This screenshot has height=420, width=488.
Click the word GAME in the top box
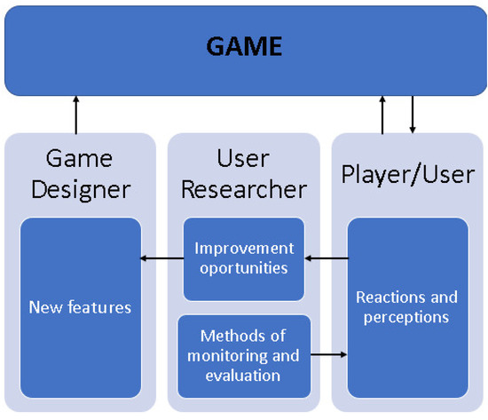click(243, 46)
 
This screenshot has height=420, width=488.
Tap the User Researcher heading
click(243, 174)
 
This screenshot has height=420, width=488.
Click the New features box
click(81, 307)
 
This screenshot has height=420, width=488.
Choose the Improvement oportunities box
click(243, 258)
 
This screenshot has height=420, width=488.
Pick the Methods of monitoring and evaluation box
click(243, 356)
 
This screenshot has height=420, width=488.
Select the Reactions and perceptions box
click(406, 307)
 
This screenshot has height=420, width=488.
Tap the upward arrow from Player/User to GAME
click(382, 114)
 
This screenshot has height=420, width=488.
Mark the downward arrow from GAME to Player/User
click(412, 114)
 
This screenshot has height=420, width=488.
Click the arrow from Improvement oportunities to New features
click(161, 259)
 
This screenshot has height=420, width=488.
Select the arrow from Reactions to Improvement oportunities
click(326, 259)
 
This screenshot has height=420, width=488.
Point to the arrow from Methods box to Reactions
click(327, 356)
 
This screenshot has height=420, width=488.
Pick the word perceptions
click(406, 316)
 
